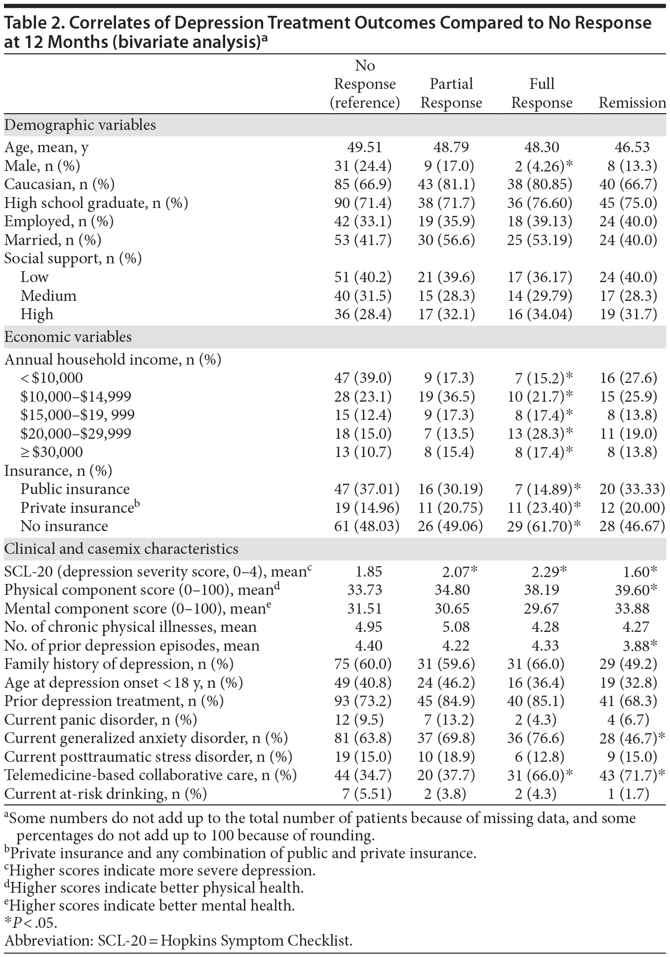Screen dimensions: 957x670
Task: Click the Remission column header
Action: [x=632, y=103]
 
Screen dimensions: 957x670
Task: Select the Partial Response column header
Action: [x=451, y=93]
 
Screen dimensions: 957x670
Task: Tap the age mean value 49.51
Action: [x=365, y=147]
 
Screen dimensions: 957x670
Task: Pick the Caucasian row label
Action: [x=59, y=184]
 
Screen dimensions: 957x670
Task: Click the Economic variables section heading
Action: [x=68, y=337]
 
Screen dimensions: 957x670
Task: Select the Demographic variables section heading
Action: [x=80, y=125]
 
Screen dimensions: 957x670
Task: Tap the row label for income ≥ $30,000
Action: [x=51, y=452]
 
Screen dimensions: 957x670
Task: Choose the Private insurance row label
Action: [x=79, y=508]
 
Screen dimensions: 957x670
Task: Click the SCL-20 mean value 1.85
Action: [x=368, y=572]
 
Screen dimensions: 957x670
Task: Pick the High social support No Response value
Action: [x=363, y=314]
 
